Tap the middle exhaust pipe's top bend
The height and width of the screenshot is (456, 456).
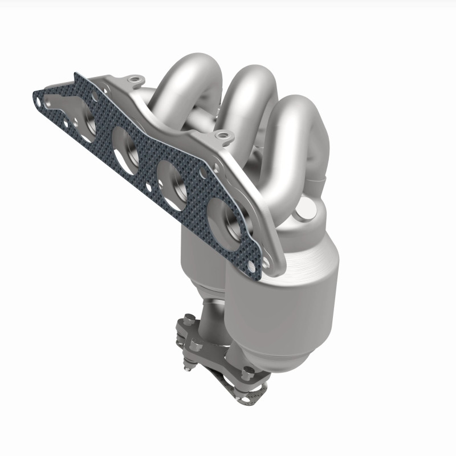251,85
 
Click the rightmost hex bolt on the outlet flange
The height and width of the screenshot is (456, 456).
249,373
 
